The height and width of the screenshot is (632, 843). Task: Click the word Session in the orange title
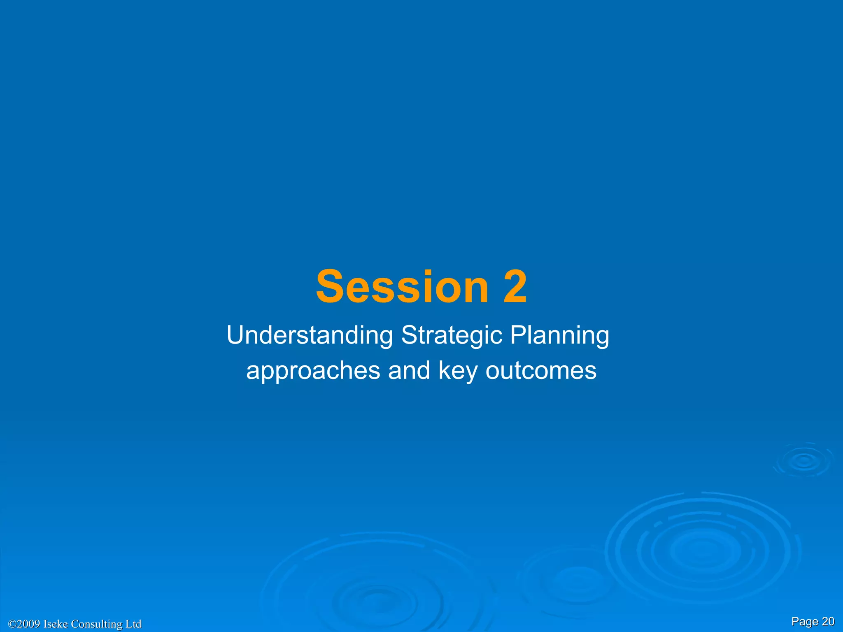coord(402,287)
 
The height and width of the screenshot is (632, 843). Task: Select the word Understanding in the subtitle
coord(310,335)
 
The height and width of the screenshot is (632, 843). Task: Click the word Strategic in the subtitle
coord(452,335)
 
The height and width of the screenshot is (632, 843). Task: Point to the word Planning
coord(559,335)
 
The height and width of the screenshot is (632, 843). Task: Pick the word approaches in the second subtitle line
coord(313,371)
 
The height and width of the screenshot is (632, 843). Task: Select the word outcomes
coord(541,370)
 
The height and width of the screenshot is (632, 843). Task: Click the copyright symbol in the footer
coord(12,624)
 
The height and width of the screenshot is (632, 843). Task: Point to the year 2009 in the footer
coord(29,624)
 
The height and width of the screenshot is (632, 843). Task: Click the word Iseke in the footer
coord(56,624)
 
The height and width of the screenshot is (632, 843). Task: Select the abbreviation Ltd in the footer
coord(133,624)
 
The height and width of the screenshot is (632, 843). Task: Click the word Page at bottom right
coord(805,622)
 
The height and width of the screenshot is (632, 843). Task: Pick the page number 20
coord(828,621)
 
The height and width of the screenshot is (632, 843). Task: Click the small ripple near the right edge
coord(804,461)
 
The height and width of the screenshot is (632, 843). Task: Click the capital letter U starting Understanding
coord(235,335)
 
